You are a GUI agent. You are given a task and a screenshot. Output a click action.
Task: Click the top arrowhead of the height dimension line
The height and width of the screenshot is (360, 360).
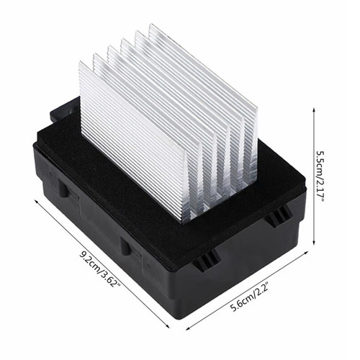point(314,109)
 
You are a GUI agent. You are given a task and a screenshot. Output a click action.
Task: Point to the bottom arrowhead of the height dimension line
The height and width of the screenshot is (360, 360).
point(314,245)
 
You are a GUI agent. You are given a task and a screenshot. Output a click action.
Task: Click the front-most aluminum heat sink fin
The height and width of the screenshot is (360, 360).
point(130,137)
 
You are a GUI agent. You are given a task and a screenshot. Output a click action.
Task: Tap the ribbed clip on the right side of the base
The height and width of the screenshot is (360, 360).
point(278,215)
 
